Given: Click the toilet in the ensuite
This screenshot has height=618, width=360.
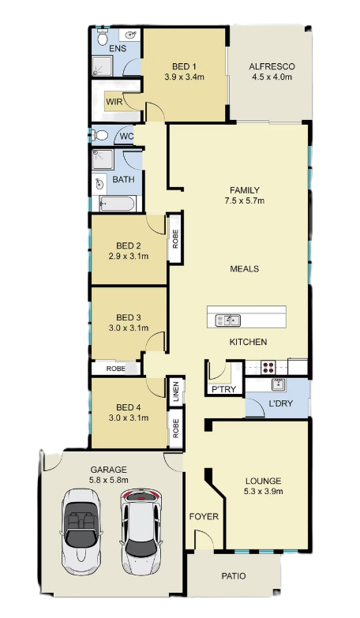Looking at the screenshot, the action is tap(103, 36).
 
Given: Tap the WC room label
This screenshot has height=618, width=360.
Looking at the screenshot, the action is tap(126, 137).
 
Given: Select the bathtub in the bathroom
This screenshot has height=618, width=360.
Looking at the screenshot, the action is tap(117, 204).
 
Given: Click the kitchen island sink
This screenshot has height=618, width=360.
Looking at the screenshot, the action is tap(227, 320).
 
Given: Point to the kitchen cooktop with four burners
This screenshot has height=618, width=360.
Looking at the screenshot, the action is tap(269, 367).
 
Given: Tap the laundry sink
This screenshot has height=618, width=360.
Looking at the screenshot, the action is tap(279, 384).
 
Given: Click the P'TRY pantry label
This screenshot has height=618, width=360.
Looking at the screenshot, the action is tap(224, 389).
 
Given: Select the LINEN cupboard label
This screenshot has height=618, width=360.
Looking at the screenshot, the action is tap(176, 391).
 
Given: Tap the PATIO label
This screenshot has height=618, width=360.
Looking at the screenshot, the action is tap(234, 576).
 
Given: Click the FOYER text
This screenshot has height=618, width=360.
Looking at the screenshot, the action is tap(204, 516).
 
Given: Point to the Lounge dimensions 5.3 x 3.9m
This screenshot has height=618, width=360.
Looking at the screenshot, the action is tap(263, 491).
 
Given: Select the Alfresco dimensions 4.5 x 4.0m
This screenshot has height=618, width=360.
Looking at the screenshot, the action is tap(272, 77).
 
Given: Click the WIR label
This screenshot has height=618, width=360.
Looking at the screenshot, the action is tap(114, 102).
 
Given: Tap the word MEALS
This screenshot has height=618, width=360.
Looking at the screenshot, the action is tap(245, 269).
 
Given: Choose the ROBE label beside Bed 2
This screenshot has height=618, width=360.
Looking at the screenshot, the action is tap(175, 238).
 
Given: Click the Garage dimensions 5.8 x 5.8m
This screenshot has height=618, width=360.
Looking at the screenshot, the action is tap(109, 480).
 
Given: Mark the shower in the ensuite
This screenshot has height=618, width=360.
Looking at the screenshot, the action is tap(102, 66).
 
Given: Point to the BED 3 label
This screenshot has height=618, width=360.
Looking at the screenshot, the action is tap(129, 317).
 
